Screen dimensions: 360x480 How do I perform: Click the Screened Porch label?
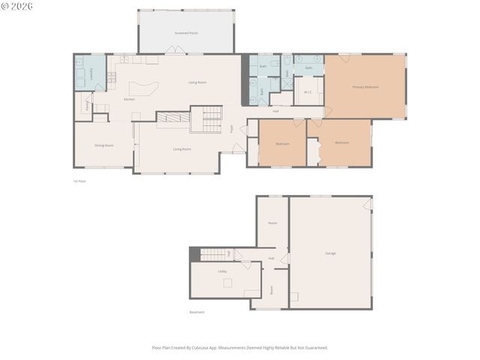click(x=186, y=34)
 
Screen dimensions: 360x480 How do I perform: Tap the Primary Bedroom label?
click(x=365, y=87)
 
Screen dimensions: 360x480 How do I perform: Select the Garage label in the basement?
click(x=330, y=253)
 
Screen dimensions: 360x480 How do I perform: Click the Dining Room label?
click(x=103, y=145)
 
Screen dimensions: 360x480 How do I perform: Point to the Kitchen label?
click(x=129, y=99)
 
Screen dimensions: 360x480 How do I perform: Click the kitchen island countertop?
click(x=145, y=88)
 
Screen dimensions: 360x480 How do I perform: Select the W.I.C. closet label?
click(x=307, y=92)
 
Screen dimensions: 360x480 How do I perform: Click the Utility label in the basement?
click(x=222, y=271)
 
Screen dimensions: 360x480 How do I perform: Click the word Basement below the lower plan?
click(x=196, y=312)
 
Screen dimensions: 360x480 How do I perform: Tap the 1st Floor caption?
click(x=79, y=181)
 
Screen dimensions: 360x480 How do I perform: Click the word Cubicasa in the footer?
click(x=217, y=347)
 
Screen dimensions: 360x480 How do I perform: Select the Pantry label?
click(x=88, y=106)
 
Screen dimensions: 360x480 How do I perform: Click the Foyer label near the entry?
click(x=232, y=127)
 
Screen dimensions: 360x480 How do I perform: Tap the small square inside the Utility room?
click(x=228, y=283)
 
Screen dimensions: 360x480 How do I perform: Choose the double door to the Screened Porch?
click(x=174, y=51)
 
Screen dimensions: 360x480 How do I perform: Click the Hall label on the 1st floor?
click(x=275, y=111)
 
